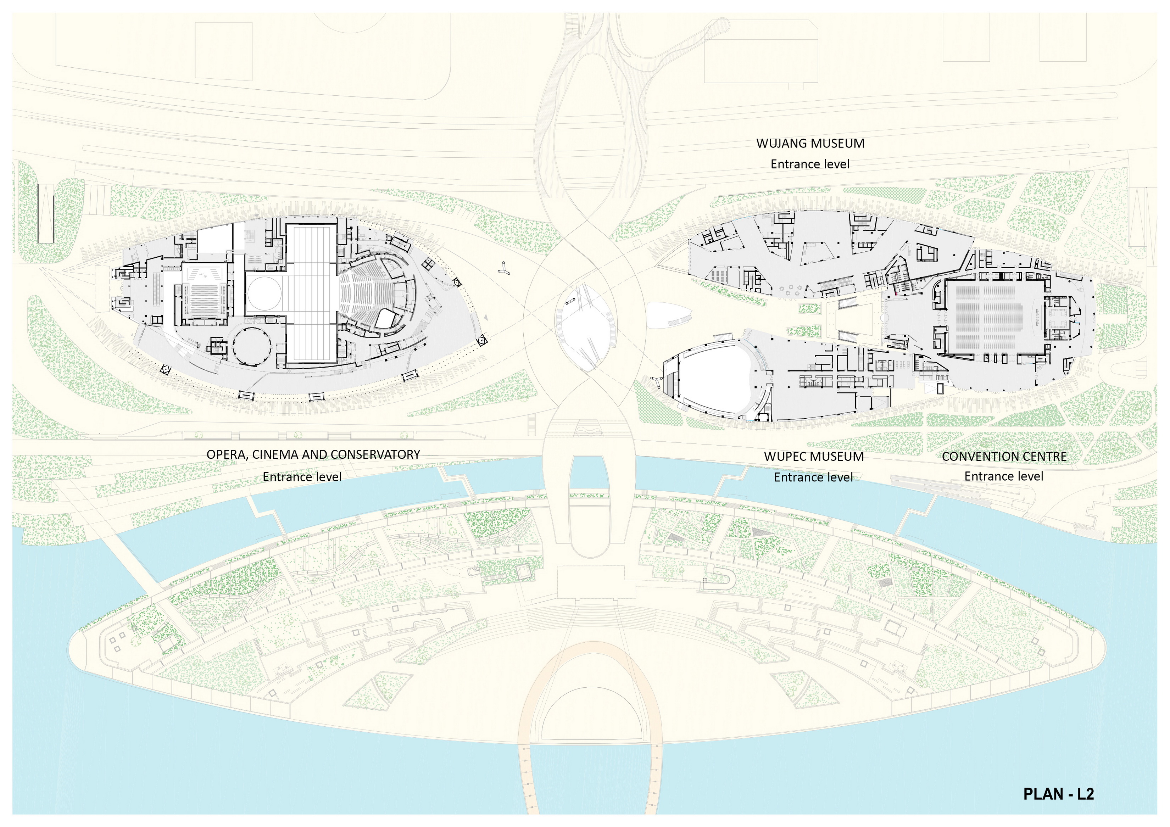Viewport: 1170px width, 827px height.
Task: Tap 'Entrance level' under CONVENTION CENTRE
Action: click(1003, 476)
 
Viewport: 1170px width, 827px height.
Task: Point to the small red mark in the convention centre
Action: click(895, 293)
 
